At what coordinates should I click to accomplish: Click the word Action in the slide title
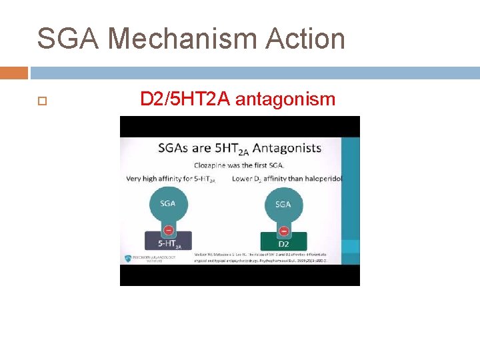tap(305, 39)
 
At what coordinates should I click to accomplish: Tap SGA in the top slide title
tap(68, 39)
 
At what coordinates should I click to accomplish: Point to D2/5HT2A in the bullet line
tap(185, 99)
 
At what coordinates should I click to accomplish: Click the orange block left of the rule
tap(14, 73)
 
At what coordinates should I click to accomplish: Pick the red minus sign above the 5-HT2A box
tap(168, 231)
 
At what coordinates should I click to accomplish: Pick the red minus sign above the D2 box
tap(283, 231)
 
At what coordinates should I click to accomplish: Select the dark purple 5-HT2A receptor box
tap(168, 241)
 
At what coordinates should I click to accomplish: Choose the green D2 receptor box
tap(283, 241)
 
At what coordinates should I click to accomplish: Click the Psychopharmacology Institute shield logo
tap(128, 259)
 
